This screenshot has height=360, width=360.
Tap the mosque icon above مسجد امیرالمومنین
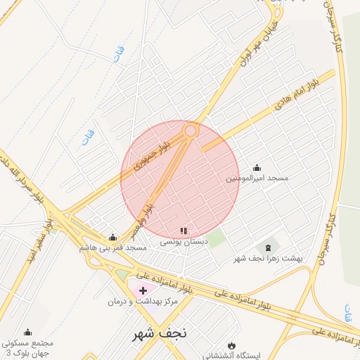tap(257, 168)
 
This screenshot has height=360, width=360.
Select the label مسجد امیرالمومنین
tap(257, 179)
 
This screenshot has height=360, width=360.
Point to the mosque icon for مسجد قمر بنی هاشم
tap(113, 237)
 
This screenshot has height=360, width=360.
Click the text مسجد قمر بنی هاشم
tap(113, 247)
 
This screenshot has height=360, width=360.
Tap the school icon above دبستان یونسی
tap(184, 231)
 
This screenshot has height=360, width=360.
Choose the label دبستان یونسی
tap(184, 241)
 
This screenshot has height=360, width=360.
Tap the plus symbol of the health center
tap(143, 290)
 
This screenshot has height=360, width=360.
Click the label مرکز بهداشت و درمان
tap(143, 301)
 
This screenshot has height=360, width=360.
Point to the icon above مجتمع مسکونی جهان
tap(27, 332)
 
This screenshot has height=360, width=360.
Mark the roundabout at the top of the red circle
tap(191, 130)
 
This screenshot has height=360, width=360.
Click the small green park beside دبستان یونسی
tap(217, 238)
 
